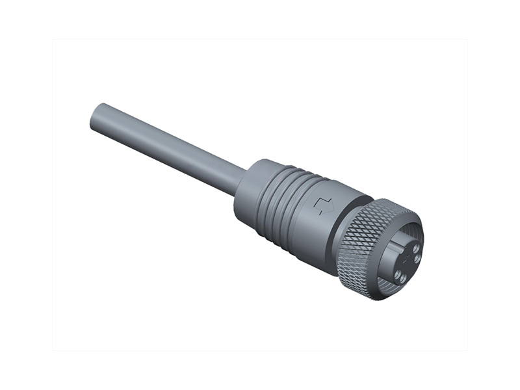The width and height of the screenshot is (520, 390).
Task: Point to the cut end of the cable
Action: (95, 118)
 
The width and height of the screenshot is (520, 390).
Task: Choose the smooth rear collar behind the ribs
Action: (250, 188)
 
